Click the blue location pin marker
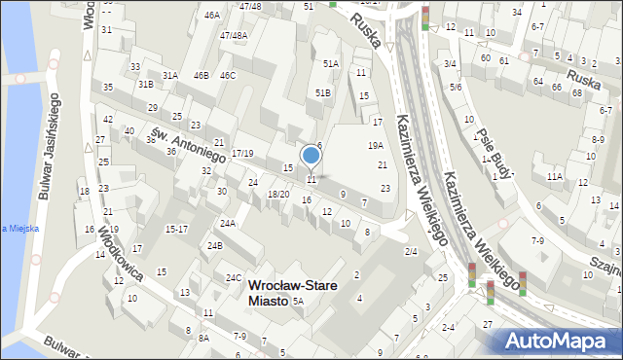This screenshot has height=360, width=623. pyautogui.click(x=311, y=156)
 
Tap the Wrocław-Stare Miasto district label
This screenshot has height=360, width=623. pyautogui.click(x=268, y=293)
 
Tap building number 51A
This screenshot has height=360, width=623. pyautogui.click(x=331, y=64)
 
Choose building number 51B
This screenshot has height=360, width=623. pyautogui.click(x=323, y=92)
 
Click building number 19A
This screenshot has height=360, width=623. pyautogui.click(x=375, y=145)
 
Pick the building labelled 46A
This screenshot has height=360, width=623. pyautogui.click(x=211, y=16)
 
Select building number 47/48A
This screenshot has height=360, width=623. pyautogui.click(x=234, y=36)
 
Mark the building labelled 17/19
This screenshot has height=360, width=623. pyautogui.click(x=242, y=154)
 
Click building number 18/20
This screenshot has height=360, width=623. pyautogui.click(x=278, y=194)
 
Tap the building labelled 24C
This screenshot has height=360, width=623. pyautogui.click(x=234, y=277)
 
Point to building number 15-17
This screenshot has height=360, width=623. pyautogui.click(x=176, y=229)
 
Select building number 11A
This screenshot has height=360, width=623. pyautogui.click(x=554, y=176)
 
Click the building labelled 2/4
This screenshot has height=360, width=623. pyautogui.click(x=412, y=252)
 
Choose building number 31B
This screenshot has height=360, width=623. pyautogui.click(x=146, y=85)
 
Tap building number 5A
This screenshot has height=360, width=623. pyautogui.click(x=299, y=302)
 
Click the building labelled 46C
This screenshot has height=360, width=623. pyautogui.click(x=228, y=75)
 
